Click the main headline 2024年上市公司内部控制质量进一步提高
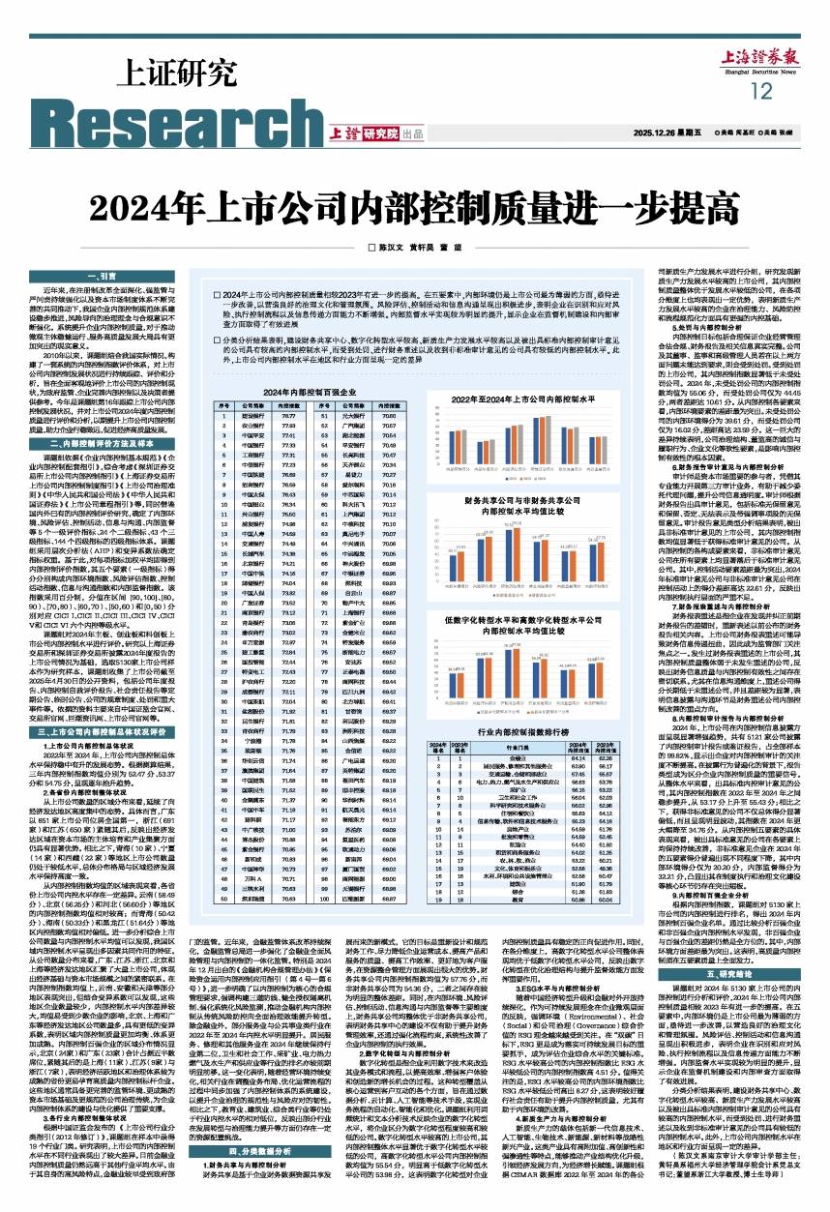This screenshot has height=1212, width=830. (x=416, y=212)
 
